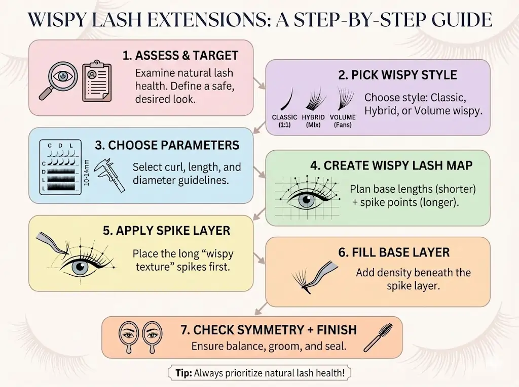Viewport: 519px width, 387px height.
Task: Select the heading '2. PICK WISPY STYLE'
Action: [x=397, y=75]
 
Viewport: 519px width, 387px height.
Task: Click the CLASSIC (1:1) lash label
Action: [x=284, y=120]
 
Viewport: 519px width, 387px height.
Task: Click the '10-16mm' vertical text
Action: [x=87, y=173]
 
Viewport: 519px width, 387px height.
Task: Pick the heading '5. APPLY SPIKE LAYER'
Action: [x=166, y=231]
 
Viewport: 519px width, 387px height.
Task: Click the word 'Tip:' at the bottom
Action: [x=182, y=373]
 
